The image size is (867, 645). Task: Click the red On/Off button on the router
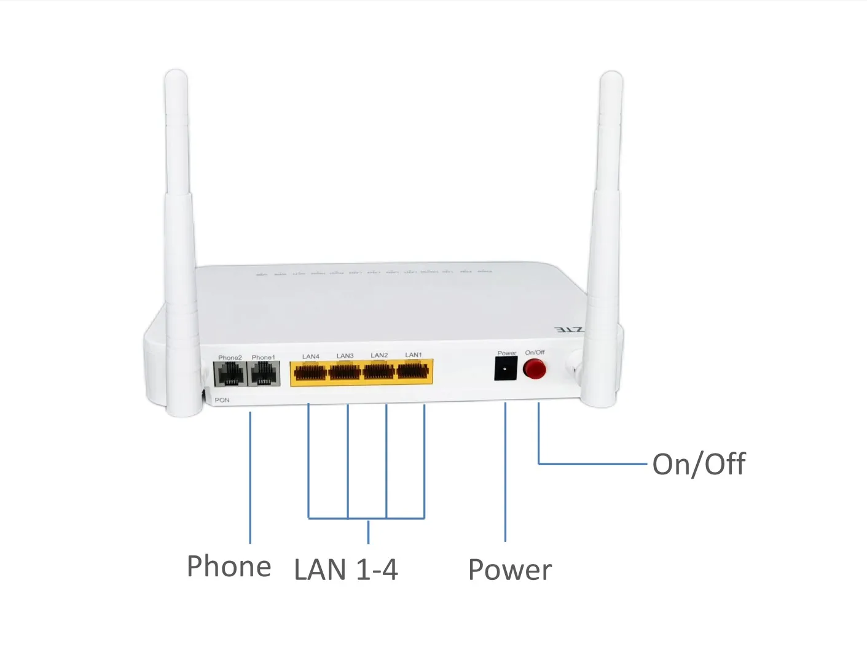534,369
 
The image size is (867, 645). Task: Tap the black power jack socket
506,368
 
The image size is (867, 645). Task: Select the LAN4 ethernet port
310,372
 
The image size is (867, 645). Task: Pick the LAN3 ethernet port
345,372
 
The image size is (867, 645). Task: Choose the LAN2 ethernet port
379,372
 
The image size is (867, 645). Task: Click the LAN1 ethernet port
414,372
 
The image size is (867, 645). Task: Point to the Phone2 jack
230,374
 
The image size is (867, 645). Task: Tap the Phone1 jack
264,374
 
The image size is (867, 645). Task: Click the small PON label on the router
222,400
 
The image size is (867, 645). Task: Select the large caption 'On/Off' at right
699,465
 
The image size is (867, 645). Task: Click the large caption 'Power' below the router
510,570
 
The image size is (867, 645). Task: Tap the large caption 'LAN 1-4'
346,570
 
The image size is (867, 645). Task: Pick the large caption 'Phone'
229,566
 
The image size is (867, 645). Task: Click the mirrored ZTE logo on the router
568,330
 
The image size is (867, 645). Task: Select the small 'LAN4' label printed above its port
310,356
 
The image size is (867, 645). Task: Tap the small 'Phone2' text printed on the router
230,357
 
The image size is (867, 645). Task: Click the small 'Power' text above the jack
506,353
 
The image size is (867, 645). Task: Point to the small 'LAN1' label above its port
414,355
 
